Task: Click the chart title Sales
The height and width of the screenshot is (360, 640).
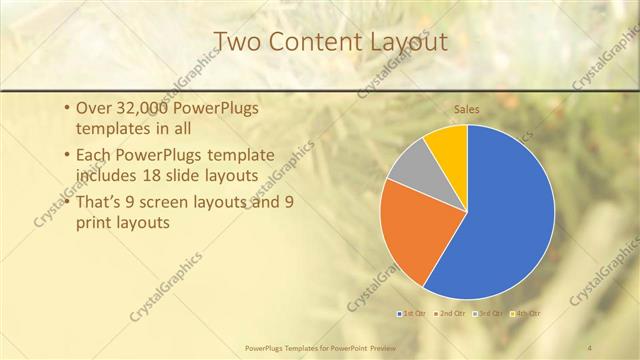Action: [x=467, y=108]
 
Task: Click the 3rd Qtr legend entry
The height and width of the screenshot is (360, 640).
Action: [x=490, y=314]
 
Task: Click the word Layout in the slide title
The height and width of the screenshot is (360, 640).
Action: [x=397, y=42]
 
